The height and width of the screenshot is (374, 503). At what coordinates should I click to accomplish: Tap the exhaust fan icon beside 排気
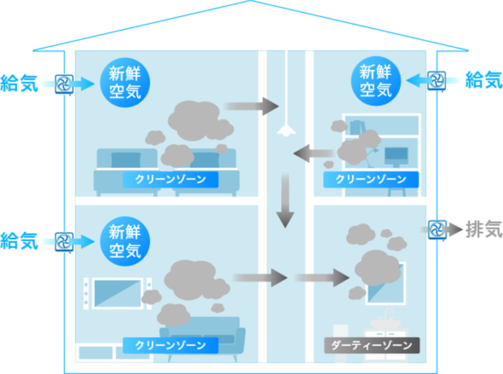[437, 230]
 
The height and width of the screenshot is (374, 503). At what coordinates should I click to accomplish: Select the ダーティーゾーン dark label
[371, 345]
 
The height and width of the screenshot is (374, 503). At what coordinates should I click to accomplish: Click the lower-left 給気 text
[19, 240]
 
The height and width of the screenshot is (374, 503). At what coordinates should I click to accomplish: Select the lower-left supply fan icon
[64, 240]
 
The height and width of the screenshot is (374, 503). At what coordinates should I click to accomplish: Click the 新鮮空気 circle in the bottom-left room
[125, 241]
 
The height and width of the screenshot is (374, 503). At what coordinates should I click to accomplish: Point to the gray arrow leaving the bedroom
[252, 105]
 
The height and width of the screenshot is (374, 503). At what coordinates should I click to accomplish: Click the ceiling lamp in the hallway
[285, 129]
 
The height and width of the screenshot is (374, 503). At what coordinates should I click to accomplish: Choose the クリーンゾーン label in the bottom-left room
[170, 345]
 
